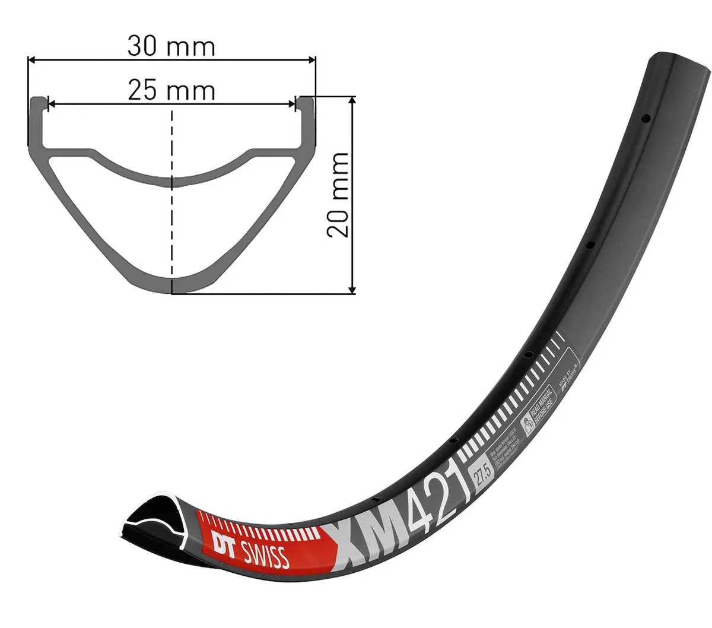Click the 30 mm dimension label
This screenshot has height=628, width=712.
(x=171, y=46)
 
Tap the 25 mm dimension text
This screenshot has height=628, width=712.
(x=171, y=91)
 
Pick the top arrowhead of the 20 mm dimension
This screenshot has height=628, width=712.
(x=352, y=101)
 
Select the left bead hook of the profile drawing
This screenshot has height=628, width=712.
(x=37, y=104)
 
